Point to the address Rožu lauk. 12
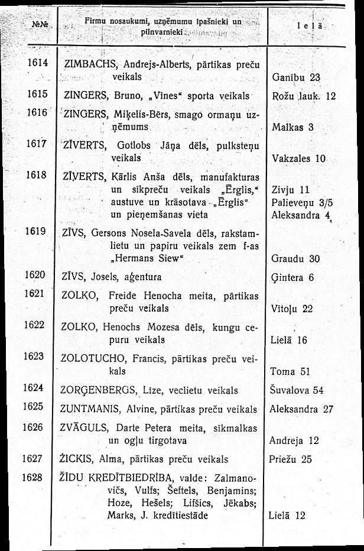tap(305, 96)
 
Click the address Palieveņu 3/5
tap(300, 203)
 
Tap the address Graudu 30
tap(295, 258)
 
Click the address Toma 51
tap(290, 372)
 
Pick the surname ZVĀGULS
tap(82, 426)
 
